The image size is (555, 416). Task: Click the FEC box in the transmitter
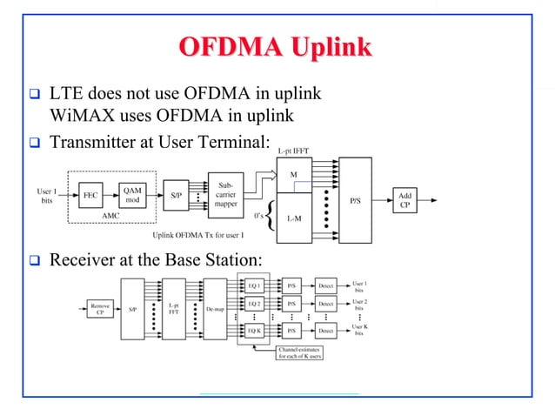(90, 196)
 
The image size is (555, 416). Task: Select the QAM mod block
(132, 196)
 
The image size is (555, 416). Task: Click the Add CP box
(405, 199)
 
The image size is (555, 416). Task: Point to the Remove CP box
(99, 309)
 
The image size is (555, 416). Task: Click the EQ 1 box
(253, 285)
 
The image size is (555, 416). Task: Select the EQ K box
(253, 332)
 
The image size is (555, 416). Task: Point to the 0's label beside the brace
(258, 214)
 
